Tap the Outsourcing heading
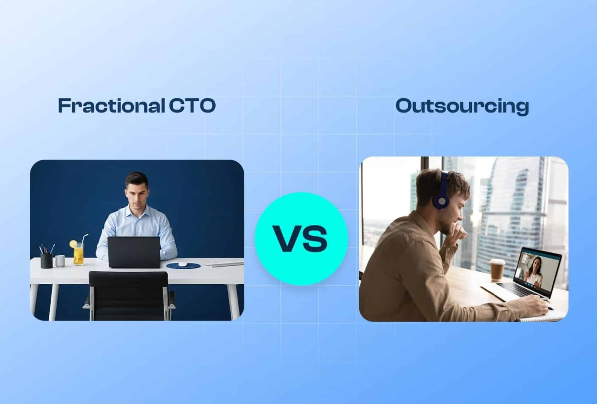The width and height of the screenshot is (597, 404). click(x=462, y=106)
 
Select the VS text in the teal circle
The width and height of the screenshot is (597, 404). click(x=301, y=239)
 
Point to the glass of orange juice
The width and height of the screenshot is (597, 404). click(x=78, y=255)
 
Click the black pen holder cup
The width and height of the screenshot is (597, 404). click(x=46, y=261)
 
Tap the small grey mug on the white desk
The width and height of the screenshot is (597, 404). click(x=60, y=261)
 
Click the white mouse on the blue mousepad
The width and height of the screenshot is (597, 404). click(x=182, y=264)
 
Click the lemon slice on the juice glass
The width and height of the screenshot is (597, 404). click(x=73, y=244)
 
